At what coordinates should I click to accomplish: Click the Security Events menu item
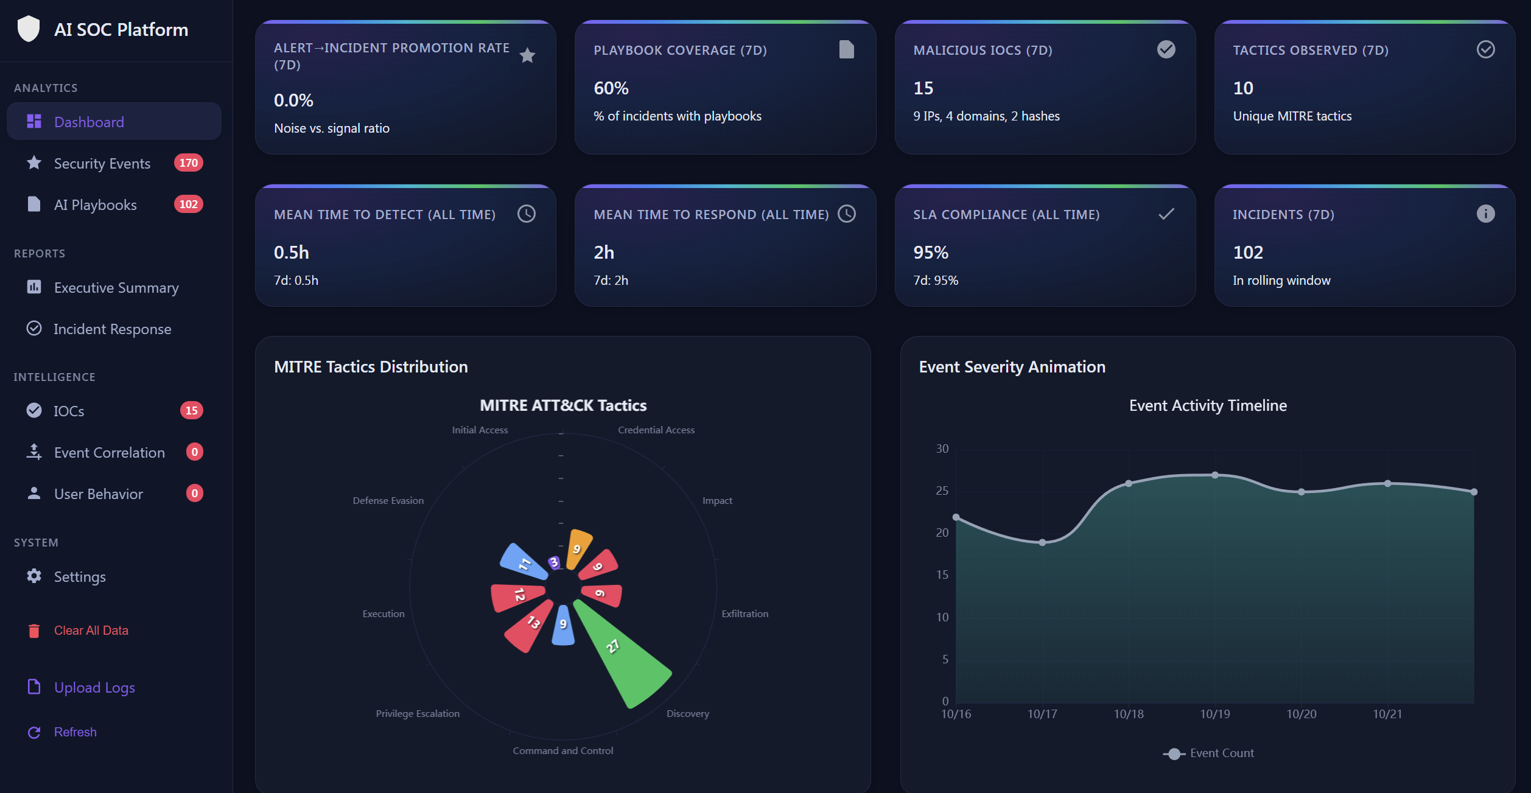102,164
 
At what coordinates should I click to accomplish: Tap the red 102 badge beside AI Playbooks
188,204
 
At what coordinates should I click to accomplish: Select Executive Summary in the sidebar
116,288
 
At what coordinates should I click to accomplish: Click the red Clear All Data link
91,631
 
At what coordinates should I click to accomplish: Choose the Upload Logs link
94,688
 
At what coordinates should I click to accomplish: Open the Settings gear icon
34,576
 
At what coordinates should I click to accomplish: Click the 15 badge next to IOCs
191,411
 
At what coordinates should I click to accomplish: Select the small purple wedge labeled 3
553,562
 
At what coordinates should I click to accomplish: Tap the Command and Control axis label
562,751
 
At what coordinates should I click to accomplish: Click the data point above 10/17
1042,542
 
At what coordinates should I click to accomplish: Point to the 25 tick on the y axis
942,491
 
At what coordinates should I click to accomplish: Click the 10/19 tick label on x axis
1214,714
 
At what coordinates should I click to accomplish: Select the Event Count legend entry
1208,753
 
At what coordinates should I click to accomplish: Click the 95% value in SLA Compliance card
930,253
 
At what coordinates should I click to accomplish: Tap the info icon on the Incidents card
1485,214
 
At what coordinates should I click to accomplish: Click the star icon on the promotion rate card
527,56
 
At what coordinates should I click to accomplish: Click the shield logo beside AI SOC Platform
29,29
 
